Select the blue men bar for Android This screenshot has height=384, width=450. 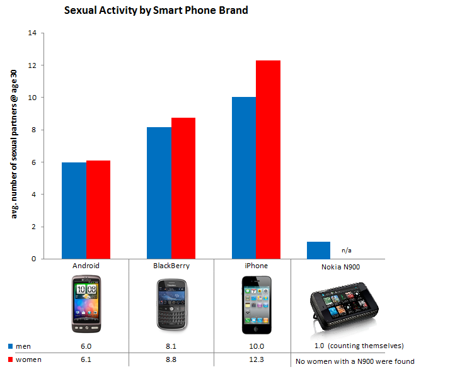coord(74,210)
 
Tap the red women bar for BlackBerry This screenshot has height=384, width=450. coord(183,188)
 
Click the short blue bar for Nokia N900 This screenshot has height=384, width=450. coord(318,250)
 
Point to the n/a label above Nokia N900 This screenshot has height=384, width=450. coord(346,250)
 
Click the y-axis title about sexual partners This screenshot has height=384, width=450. coord(14,145)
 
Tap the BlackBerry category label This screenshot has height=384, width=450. coord(171,266)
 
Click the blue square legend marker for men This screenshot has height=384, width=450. coord(11,346)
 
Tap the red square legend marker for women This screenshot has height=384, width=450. coord(11,359)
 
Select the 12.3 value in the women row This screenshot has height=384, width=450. coord(256,359)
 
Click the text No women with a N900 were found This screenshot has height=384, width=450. coord(355,361)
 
